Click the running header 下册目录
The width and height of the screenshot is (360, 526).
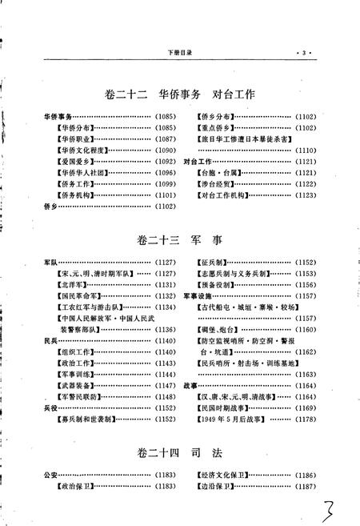180,53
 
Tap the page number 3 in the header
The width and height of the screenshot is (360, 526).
303,53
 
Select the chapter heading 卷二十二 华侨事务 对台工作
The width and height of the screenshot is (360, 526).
178,94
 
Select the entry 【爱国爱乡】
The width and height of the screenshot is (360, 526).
76,160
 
